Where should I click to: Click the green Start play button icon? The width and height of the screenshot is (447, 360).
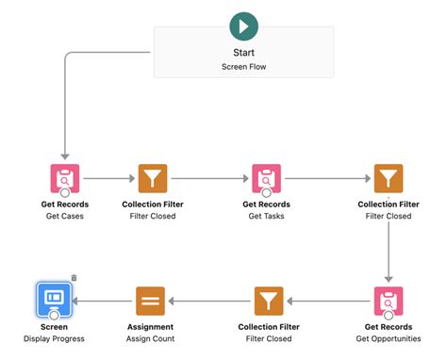[x=243, y=25]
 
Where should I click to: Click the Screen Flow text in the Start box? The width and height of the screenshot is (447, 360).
[x=243, y=67]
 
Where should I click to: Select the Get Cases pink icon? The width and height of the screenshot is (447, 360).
[x=64, y=178]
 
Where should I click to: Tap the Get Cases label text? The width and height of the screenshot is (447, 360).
[x=64, y=216]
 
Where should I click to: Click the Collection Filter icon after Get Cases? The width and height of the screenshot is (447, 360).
[x=152, y=178]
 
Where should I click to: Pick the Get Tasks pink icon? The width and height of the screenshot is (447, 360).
[x=267, y=178]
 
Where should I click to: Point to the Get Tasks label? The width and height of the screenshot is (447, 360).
[x=267, y=216]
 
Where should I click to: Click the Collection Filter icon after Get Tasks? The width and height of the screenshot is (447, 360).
[x=389, y=178]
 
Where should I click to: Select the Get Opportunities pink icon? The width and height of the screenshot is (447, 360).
[x=389, y=301]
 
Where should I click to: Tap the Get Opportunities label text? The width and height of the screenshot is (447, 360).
[x=389, y=338]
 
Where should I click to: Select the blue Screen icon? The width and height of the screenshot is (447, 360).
[x=53, y=301]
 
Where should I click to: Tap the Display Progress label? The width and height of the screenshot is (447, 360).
[x=53, y=338]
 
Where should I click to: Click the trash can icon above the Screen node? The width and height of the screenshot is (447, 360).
[x=74, y=278]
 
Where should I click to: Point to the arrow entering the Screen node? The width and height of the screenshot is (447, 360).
[x=102, y=301]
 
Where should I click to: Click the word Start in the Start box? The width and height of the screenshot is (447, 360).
[x=243, y=53]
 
